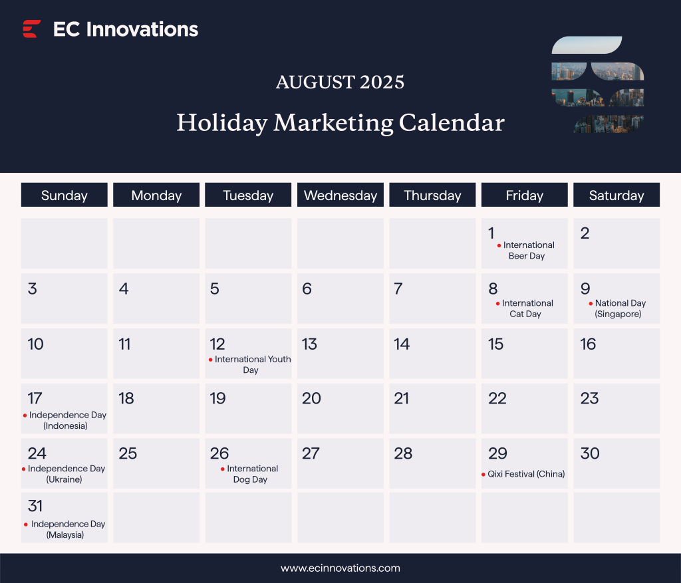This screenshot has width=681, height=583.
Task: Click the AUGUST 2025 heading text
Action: tap(340, 82)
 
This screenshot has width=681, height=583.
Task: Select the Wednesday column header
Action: tap(340, 195)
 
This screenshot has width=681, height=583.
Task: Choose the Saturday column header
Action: tap(616, 195)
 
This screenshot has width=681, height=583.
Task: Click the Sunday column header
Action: tap(65, 195)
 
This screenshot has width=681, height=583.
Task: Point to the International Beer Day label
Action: tap(527, 251)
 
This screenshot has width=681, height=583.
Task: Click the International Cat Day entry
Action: tap(526, 308)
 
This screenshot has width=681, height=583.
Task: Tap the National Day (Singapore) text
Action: tap(618, 308)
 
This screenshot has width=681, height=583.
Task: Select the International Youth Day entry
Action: tap(251, 364)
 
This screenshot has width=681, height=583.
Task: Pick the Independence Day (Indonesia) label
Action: tap(67, 420)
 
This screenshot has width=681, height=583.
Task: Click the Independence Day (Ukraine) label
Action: tap(65, 473)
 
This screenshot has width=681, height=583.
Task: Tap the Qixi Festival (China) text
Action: tap(525, 474)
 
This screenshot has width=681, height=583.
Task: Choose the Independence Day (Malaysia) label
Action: tap(67, 529)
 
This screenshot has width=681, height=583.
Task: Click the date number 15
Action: tap(495, 344)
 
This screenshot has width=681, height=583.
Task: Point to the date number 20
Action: tap(311, 399)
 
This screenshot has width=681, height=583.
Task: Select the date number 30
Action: tap(589, 453)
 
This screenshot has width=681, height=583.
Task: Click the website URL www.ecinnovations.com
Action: tap(340, 568)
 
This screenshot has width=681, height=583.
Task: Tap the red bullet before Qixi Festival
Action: tap(483, 475)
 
